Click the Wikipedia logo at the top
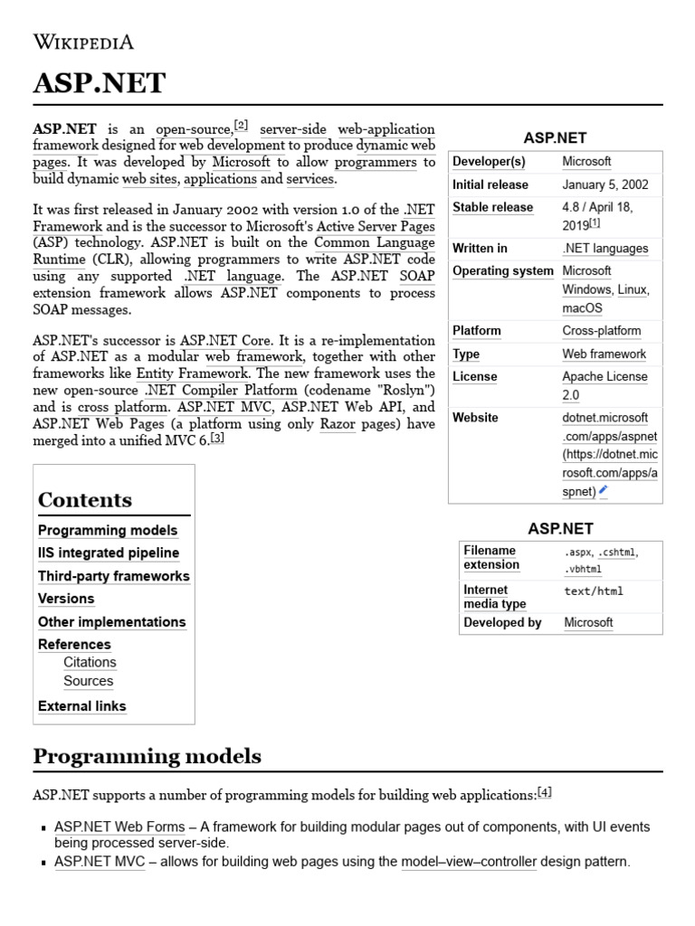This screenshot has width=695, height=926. tap(83, 42)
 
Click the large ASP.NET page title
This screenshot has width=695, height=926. tap(100, 83)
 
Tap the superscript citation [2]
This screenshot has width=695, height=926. tap(241, 125)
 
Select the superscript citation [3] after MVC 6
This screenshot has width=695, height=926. tap(217, 438)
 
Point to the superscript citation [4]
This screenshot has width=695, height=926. tap(544, 792)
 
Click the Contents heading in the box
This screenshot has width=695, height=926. tap(85, 500)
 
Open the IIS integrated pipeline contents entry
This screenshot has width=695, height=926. tap(109, 553)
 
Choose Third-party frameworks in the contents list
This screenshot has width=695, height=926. tap(114, 576)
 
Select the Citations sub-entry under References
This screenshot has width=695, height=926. tap(90, 662)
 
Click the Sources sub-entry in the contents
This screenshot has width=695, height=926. tap(88, 681)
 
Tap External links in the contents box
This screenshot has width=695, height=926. tap(82, 706)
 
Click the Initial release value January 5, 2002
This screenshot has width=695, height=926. tap(605, 184)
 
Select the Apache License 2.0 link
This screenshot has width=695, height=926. tap(605, 385)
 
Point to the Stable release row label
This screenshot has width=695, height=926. tap(492, 207)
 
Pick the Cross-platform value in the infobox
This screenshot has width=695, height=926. tap(601, 331)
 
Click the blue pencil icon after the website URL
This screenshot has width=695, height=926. tap(604, 490)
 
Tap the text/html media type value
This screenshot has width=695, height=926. tap(594, 591)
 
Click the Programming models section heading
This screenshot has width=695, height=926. tap(148, 756)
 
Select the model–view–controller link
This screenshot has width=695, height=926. tap(469, 862)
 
